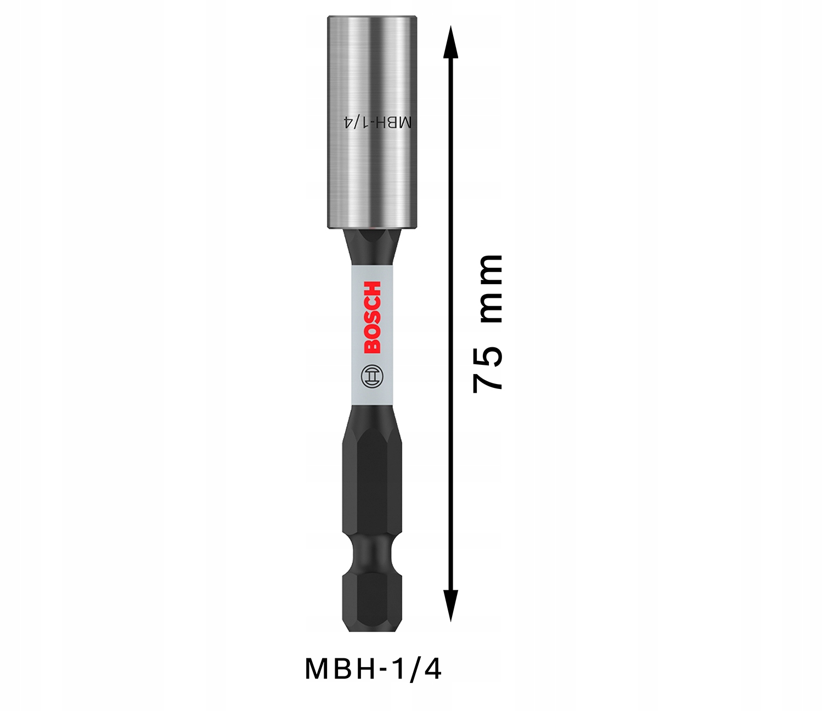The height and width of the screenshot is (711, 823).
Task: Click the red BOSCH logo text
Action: click(x=371, y=317)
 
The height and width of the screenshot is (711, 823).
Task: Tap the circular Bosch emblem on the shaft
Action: click(x=371, y=377)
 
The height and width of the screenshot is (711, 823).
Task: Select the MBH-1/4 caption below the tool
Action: click(x=373, y=669)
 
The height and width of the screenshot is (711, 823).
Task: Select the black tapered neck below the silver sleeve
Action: click(x=371, y=247)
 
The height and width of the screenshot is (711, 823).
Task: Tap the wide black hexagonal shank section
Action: click(x=371, y=477)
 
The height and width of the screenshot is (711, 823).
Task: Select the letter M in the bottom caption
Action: click(x=316, y=669)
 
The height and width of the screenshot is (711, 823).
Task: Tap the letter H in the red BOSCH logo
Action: click(x=371, y=289)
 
